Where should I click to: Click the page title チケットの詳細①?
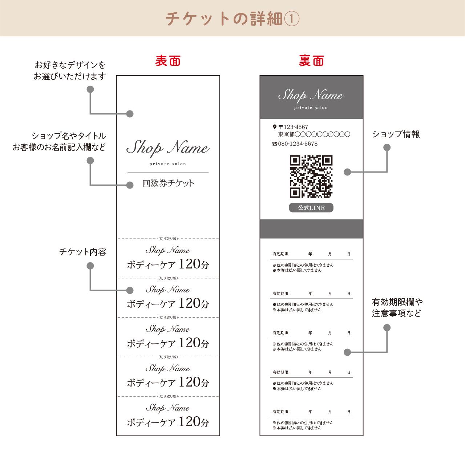click(232, 19)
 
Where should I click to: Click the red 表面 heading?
click(168, 61)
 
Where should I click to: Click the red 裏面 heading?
click(311, 61)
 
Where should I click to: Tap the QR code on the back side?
click(311, 177)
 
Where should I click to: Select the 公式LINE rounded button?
click(311, 208)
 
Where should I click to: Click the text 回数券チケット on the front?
click(168, 183)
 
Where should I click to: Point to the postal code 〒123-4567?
click(293, 127)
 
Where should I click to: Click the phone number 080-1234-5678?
click(298, 144)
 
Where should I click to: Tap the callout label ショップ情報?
click(396, 134)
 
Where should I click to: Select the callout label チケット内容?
click(83, 252)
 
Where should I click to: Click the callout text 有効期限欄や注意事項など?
click(397, 307)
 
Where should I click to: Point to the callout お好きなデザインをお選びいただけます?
click(70, 71)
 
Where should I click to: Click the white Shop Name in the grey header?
click(311, 95)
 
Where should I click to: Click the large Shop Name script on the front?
click(168, 148)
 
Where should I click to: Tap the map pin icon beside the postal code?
click(274, 127)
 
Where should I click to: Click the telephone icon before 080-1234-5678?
click(275, 144)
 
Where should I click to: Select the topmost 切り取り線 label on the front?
click(168, 239)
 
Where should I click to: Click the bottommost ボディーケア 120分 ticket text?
click(168, 422)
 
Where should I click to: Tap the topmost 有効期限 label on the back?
click(280, 254)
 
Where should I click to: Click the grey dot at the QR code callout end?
click(347, 172)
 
